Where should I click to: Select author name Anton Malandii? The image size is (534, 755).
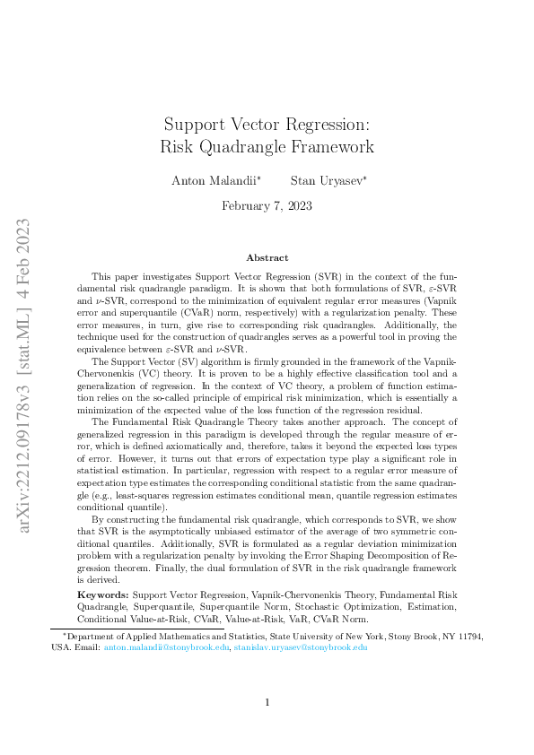215,180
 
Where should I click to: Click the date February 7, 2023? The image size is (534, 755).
267,205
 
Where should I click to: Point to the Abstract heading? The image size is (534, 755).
267,257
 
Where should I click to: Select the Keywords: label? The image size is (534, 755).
102,594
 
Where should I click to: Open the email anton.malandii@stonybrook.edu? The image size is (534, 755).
167,647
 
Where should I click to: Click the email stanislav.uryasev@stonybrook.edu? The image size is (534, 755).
301,647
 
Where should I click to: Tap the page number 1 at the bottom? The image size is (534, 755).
267,702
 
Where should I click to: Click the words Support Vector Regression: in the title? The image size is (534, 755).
267,124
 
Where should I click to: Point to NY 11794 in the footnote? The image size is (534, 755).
463,637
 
